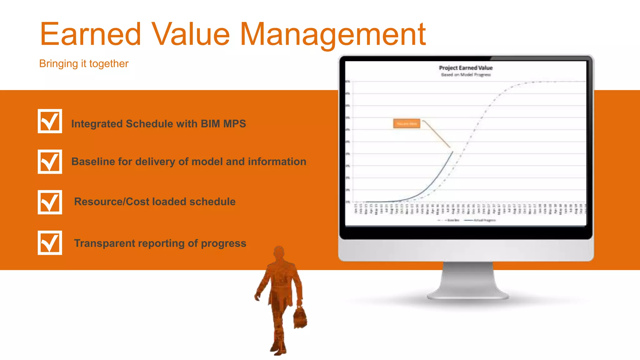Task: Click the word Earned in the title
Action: click(x=91, y=34)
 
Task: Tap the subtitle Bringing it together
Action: click(x=84, y=64)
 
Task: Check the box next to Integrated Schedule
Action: click(x=50, y=121)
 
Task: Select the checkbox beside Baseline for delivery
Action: click(x=50, y=162)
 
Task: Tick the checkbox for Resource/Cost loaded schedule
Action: click(x=50, y=202)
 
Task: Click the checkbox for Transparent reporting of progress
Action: click(x=50, y=243)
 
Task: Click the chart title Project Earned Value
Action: click(x=466, y=68)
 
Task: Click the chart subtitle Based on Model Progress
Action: click(x=466, y=75)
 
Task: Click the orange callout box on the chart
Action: click(x=407, y=124)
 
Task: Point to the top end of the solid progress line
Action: click(x=452, y=152)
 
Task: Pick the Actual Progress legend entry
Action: click(x=481, y=220)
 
